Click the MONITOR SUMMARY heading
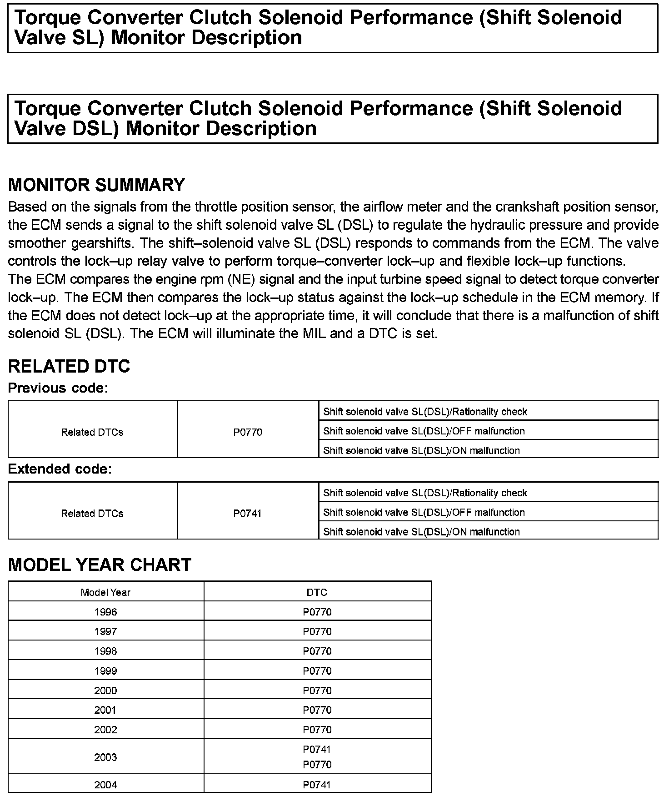click(x=96, y=185)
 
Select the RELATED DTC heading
click(x=69, y=366)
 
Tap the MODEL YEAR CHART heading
click(x=100, y=565)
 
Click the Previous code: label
click(x=58, y=388)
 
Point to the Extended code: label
click(x=60, y=469)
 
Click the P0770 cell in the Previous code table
click(x=248, y=432)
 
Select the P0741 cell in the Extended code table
click(x=248, y=514)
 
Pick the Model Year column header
click(x=105, y=592)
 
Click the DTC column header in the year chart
click(x=317, y=592)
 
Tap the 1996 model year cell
click(x=105, y=612)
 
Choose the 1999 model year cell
click(x=105, y=671)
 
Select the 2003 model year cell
click(x=105, y=757)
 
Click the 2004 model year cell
click(x=105, y=785)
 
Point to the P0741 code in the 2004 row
click(x=317, y=785)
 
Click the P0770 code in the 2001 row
click(x=317, y=710)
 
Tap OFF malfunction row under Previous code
click(x=424, y=431)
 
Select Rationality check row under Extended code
click(x=425, y=493)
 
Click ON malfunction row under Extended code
click(x=421, y=532)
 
